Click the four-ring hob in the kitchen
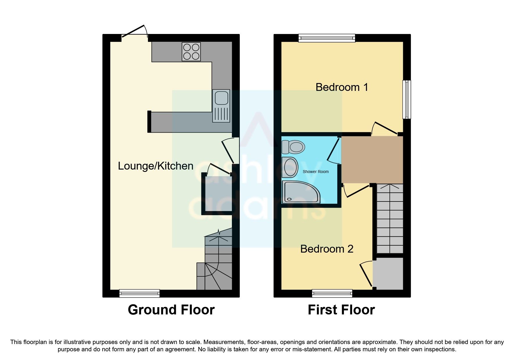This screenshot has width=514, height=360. pos(191,52)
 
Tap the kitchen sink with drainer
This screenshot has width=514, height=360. pos(221,106)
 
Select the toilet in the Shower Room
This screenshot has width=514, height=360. pos(293,147)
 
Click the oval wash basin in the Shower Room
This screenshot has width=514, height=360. pos(290,167)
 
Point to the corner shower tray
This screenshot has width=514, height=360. pos(300,192)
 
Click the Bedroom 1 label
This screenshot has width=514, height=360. pos(342,87)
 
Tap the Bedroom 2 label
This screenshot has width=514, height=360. pos(327,249)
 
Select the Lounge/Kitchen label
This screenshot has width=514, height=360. pos(156,166)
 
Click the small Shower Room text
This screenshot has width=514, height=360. pos(315,172)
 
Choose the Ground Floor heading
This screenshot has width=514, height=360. pos(171,310)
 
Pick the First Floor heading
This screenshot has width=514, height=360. pos(341,310)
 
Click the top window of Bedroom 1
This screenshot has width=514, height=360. pos(327,38)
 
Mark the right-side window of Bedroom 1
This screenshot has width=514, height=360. pos(407,99)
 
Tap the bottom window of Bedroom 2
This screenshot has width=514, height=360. pos(332,293)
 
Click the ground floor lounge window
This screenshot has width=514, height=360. pos(139,293)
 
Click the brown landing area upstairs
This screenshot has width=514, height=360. pos(372,160)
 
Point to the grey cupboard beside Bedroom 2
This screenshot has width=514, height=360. pos(388,273)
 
